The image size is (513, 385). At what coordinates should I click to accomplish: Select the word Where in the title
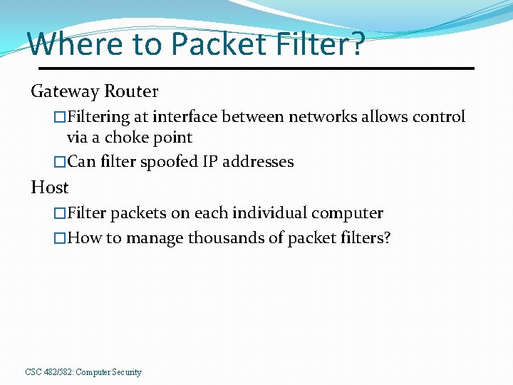click(x=72, y=44)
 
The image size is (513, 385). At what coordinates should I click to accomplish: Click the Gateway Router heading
click(x=94, y=91)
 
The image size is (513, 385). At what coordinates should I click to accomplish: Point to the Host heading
click(x=49, y=188)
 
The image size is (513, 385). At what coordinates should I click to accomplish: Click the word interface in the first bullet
click(x=187, y=117)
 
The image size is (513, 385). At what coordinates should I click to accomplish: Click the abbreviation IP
click(x=210, y=162)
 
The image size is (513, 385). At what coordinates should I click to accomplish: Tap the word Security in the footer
click(x=125, y=372)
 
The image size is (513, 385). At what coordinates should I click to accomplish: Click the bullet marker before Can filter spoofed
click(x=60, y=162)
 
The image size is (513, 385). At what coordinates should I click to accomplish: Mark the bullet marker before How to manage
click(x=60, y=238)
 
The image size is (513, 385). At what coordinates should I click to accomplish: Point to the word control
click(x=440, y=117)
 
